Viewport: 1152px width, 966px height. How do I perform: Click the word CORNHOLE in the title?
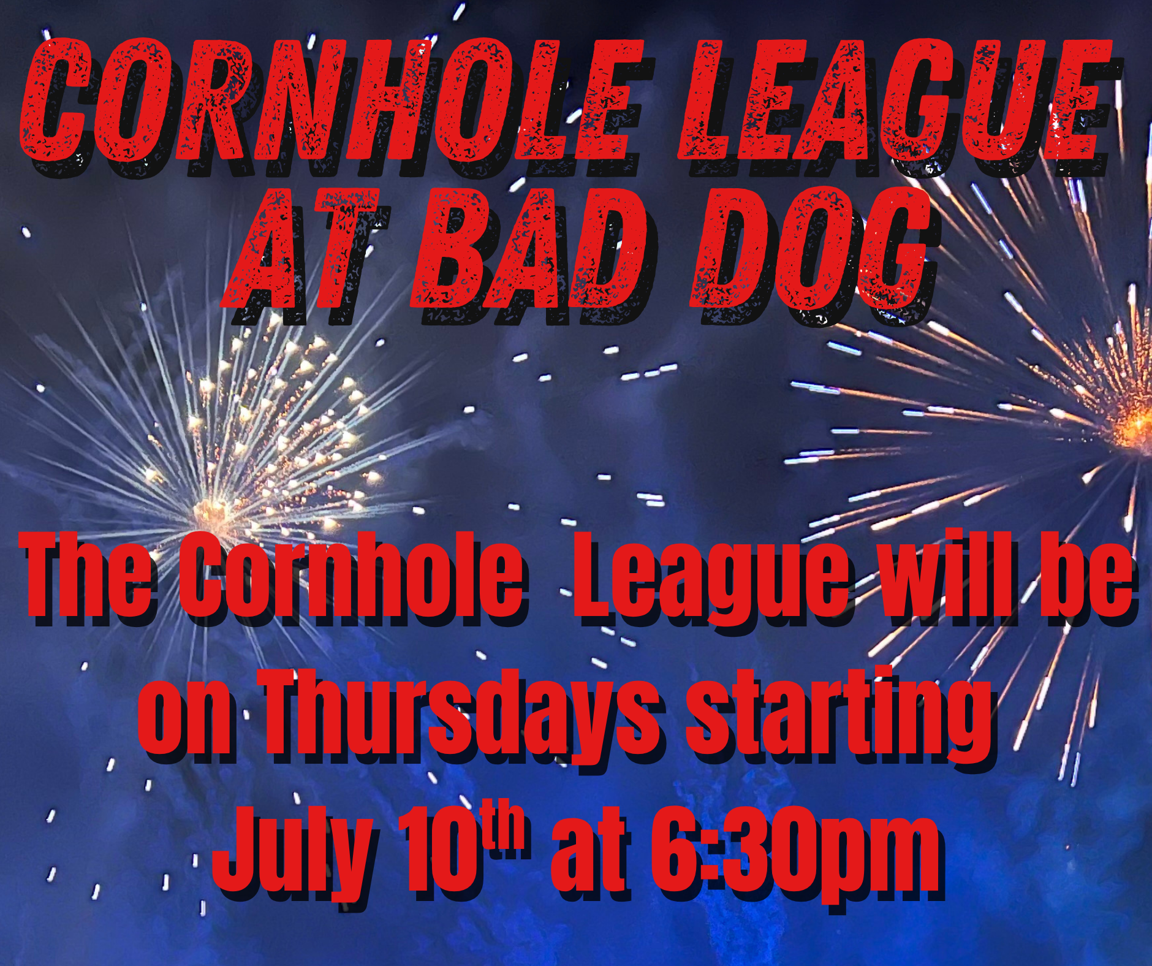pyautogui.click(x=331, y=101)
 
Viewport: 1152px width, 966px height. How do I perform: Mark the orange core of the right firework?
pyautogui.click(x=1137, y=426)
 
